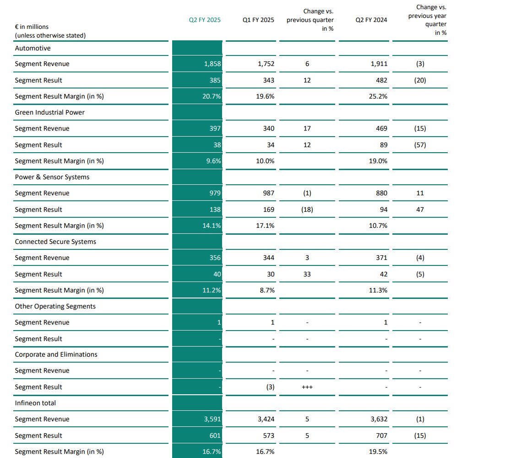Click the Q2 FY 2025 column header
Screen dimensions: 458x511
205,20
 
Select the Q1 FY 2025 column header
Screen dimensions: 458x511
258,20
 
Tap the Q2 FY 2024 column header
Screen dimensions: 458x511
371,20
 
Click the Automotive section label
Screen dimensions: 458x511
33,48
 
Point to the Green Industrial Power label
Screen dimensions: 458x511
49,112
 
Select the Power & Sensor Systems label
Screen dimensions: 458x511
52,177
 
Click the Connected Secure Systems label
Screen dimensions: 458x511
55,242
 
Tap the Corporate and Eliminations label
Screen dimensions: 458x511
56,354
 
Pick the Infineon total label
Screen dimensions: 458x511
35,403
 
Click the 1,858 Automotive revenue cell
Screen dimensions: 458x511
212,64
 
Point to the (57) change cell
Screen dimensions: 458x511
419,145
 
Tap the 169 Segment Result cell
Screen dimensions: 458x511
269,210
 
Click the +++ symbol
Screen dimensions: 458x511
307,387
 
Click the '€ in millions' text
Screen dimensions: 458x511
32,27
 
